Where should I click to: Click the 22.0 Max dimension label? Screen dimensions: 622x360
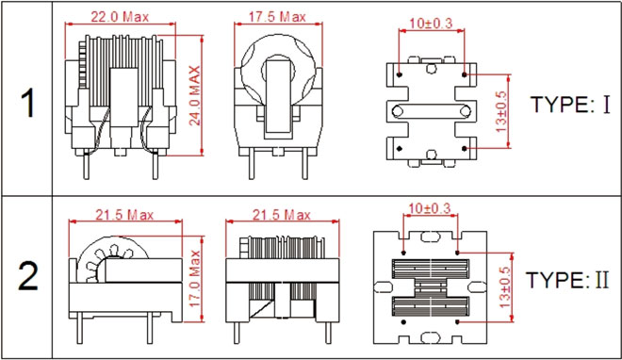point(120,17)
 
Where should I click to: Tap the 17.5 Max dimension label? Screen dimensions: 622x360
point(277,17)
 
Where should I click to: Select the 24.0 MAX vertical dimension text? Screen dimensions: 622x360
point(194,95)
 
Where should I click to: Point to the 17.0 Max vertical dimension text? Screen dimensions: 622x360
point(194,278)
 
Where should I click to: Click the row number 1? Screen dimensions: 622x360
point(27,103)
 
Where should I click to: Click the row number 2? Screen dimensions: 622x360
point(27,276)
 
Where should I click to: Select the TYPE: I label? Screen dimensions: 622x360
point(570,105)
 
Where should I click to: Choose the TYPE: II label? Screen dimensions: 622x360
point(567,280)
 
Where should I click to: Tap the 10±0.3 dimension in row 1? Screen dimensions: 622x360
point(431,23)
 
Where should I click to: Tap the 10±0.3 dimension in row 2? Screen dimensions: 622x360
point(430,207)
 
